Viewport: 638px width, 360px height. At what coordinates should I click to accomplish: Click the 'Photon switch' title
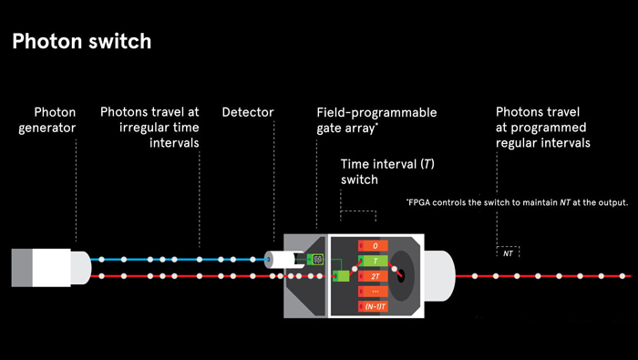coord(82,42)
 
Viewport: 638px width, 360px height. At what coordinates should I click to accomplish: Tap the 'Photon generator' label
coord(46,120)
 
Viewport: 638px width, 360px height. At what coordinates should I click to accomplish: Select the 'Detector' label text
coord(248,112)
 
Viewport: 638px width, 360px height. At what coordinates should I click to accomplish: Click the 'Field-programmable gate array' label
coord(376,120)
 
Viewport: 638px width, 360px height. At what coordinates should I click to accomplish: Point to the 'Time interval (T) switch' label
coord(387,171)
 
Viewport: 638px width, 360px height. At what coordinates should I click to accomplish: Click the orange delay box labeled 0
coord(373,246)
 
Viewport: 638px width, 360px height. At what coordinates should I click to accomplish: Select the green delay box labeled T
coord(373,261)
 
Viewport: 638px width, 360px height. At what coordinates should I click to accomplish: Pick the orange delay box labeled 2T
coord(373,276)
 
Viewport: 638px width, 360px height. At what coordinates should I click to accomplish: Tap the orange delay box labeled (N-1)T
coord(373,306)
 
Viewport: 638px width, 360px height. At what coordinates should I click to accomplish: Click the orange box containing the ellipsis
coord(373,292)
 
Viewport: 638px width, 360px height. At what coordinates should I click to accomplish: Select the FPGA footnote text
coord(517,202)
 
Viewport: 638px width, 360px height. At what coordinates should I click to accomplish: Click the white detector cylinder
coord(283,260)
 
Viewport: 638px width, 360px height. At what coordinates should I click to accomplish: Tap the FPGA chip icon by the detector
coord(315,260)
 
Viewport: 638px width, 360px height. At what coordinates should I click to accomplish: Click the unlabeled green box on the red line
coord(341,276)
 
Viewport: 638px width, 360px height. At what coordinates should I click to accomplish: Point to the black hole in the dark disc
coord(401,273)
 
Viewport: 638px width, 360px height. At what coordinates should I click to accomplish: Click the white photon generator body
coord(51,268)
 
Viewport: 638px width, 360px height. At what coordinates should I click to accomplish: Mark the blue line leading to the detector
coord(180,260)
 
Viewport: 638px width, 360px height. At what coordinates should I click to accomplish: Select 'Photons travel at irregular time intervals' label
coord(149,128)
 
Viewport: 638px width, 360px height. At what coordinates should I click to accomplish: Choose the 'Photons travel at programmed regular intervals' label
coord(543,128)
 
